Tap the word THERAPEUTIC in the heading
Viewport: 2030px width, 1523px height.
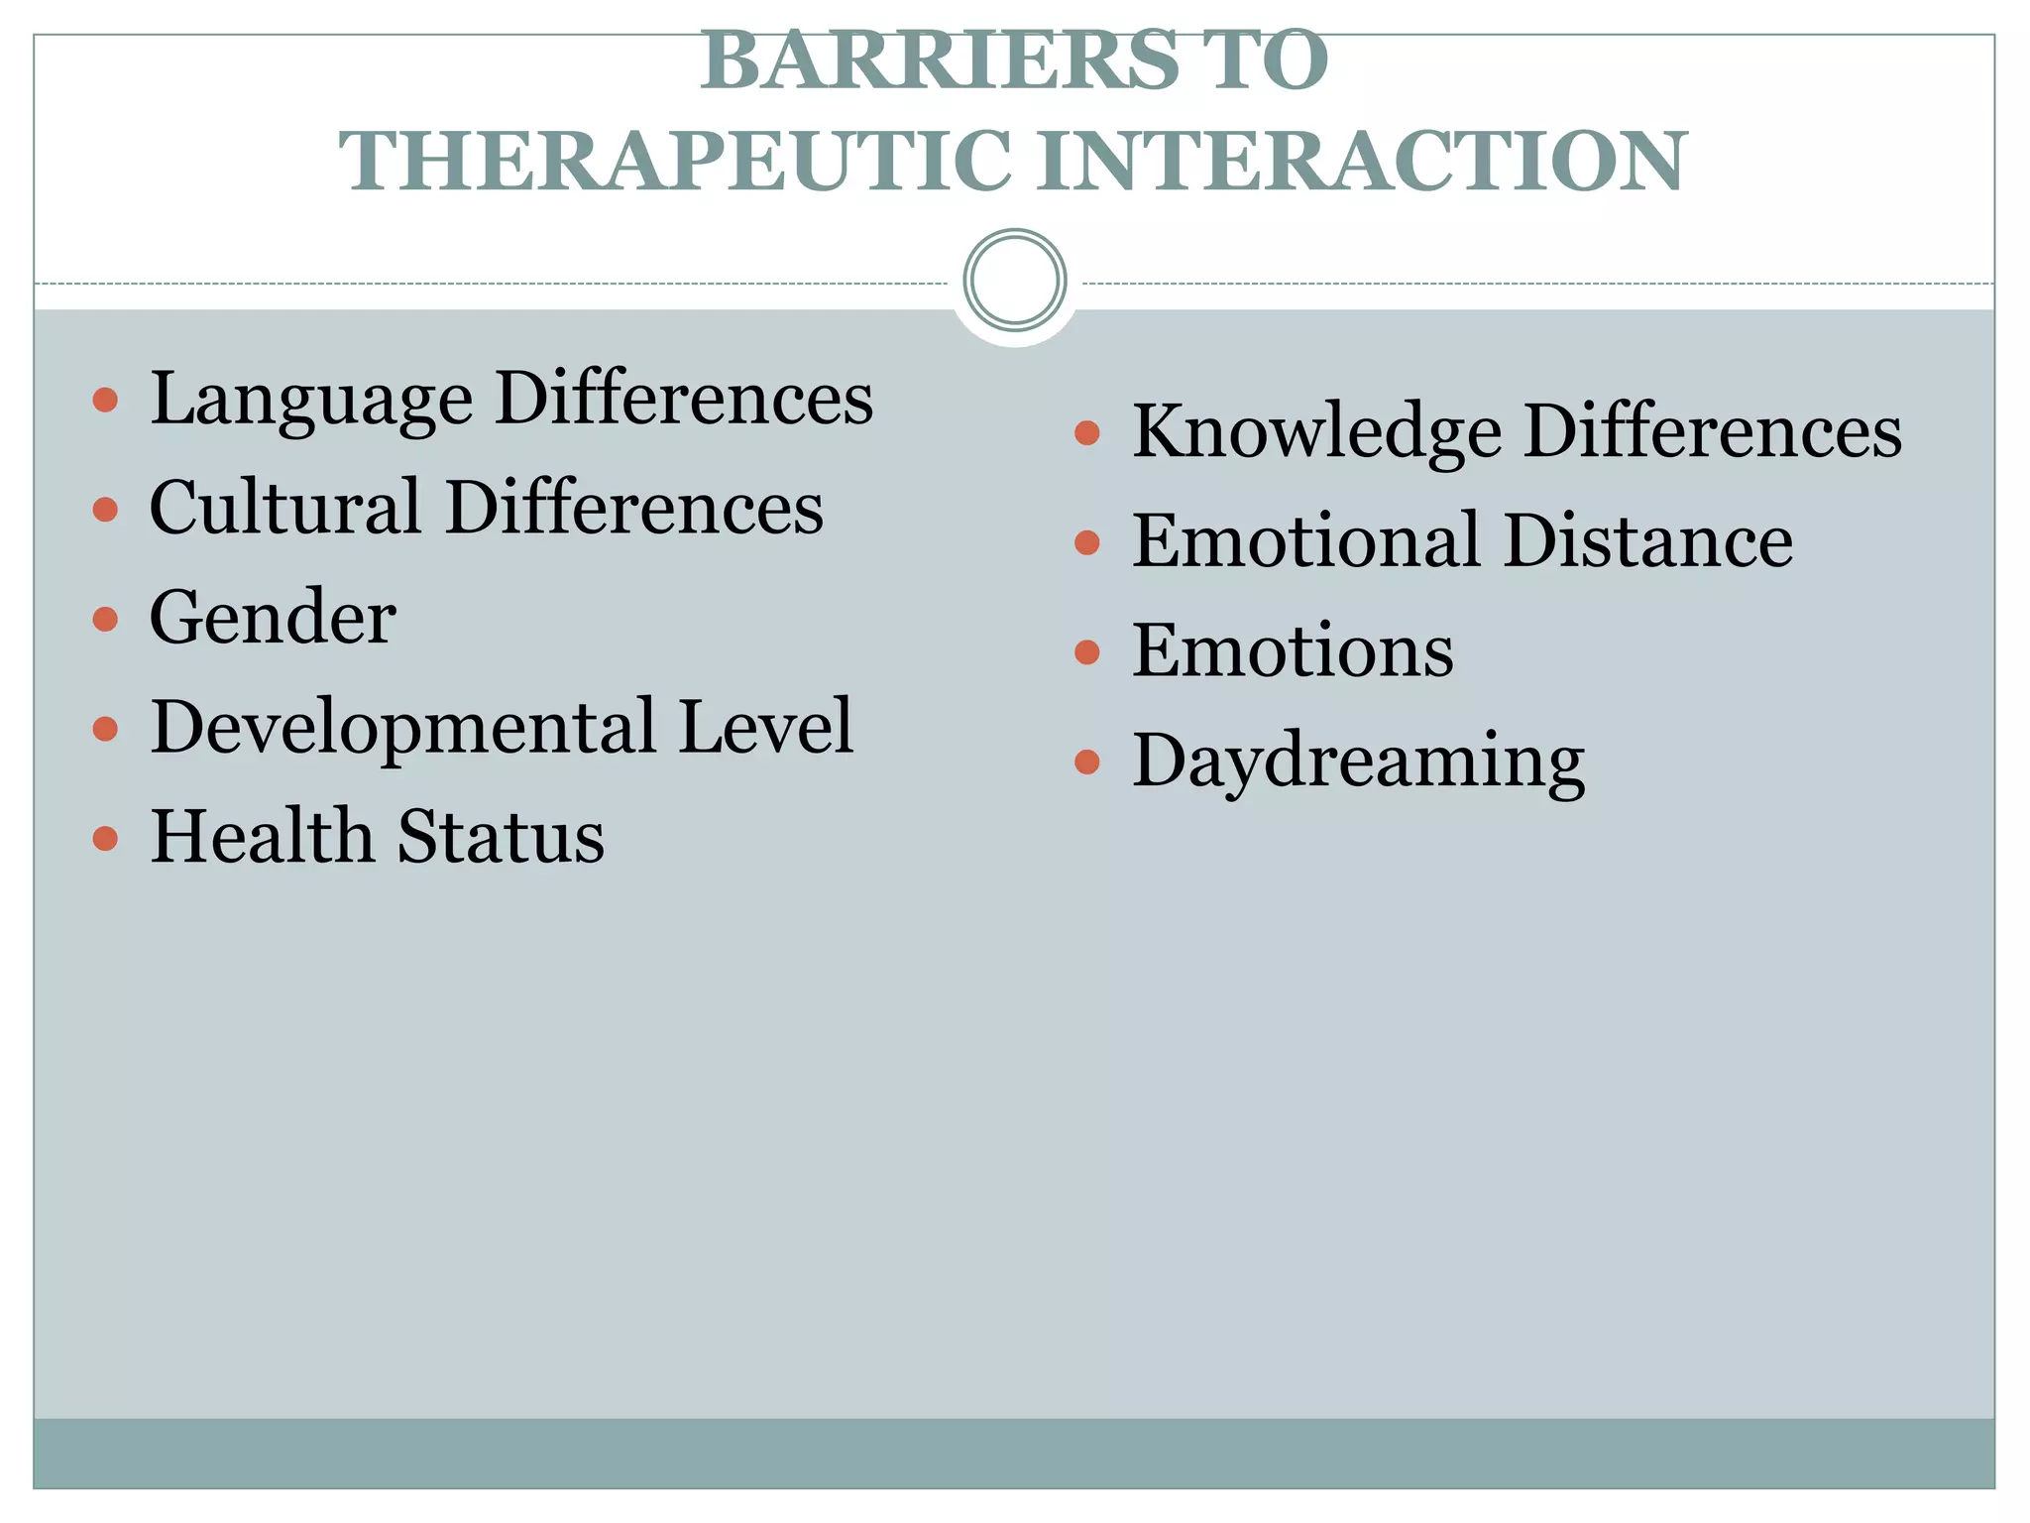(x=675, y=162)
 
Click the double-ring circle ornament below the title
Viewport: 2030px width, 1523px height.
(x=1014, y=280)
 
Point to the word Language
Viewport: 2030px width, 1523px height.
(x=311, y=400)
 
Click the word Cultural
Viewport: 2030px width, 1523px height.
(x=284, y=508)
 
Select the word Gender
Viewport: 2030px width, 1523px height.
(x=273, y=618)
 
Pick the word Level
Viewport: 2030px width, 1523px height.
(x=765, y=727)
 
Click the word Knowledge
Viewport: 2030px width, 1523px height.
(x=1316, y=433)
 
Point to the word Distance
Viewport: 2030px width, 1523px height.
(x=1647, y=541)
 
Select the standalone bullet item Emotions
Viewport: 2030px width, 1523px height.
(x=1293, y=651)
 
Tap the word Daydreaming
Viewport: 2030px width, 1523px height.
(x=1358, y=762)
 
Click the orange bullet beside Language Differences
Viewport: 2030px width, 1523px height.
(x=105, y=401)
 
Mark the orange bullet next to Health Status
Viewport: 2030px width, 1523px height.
(x=105, y=839)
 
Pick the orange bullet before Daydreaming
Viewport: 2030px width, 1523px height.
(x=1087, y=761)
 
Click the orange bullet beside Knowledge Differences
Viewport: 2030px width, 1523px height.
(x=1087, y=432)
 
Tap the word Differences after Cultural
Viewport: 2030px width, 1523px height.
(x=634, y=508)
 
